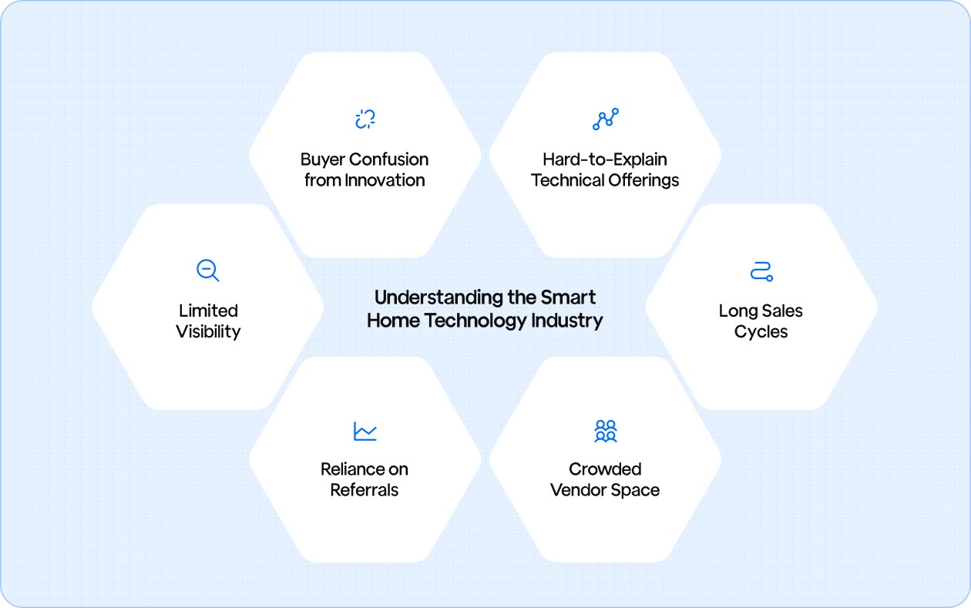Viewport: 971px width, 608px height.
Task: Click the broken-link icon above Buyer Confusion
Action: [x=365, y=119]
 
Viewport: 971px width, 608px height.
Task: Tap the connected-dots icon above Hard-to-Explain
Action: [x=605, y=119]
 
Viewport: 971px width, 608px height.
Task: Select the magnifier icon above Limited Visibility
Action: [x=208, y=270]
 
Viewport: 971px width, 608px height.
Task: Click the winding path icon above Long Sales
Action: [x=761, y=271]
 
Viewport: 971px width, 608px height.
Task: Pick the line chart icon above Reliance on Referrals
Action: [x=365, y=431]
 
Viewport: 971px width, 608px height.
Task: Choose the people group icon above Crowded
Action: [x=605, y=431]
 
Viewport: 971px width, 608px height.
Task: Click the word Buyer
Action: [x=323, y=160]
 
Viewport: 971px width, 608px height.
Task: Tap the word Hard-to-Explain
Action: [x=605, y=160]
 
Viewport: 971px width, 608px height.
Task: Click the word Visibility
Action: [x=208, y=332]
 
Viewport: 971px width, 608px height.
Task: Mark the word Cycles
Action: [x=761, y=332]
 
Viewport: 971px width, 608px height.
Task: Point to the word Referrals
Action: [x=365, y=490]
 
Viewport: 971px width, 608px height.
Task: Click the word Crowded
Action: [x=605, y=469]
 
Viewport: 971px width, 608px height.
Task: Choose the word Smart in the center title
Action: [x=569, y=298]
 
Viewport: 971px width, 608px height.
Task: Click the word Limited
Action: [x=208, y=311]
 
